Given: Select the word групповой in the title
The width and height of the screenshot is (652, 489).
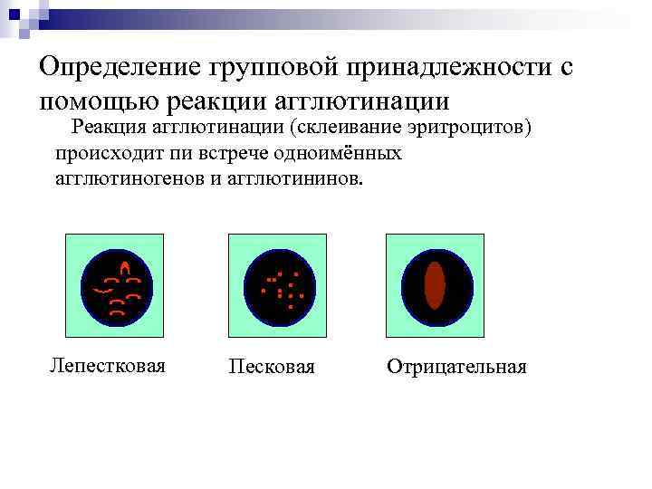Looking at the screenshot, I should (272, 69).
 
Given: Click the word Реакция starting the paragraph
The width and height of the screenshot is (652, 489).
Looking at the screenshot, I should (109, 127).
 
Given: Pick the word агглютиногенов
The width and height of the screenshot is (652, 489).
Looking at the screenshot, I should (131, 177).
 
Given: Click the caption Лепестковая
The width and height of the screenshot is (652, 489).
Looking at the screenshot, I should (107, 366).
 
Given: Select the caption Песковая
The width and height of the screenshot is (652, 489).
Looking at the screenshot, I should (272, 367).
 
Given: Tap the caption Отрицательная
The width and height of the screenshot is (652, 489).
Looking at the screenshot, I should (456, 367).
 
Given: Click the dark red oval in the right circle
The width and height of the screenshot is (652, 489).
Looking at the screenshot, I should (436, 285).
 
